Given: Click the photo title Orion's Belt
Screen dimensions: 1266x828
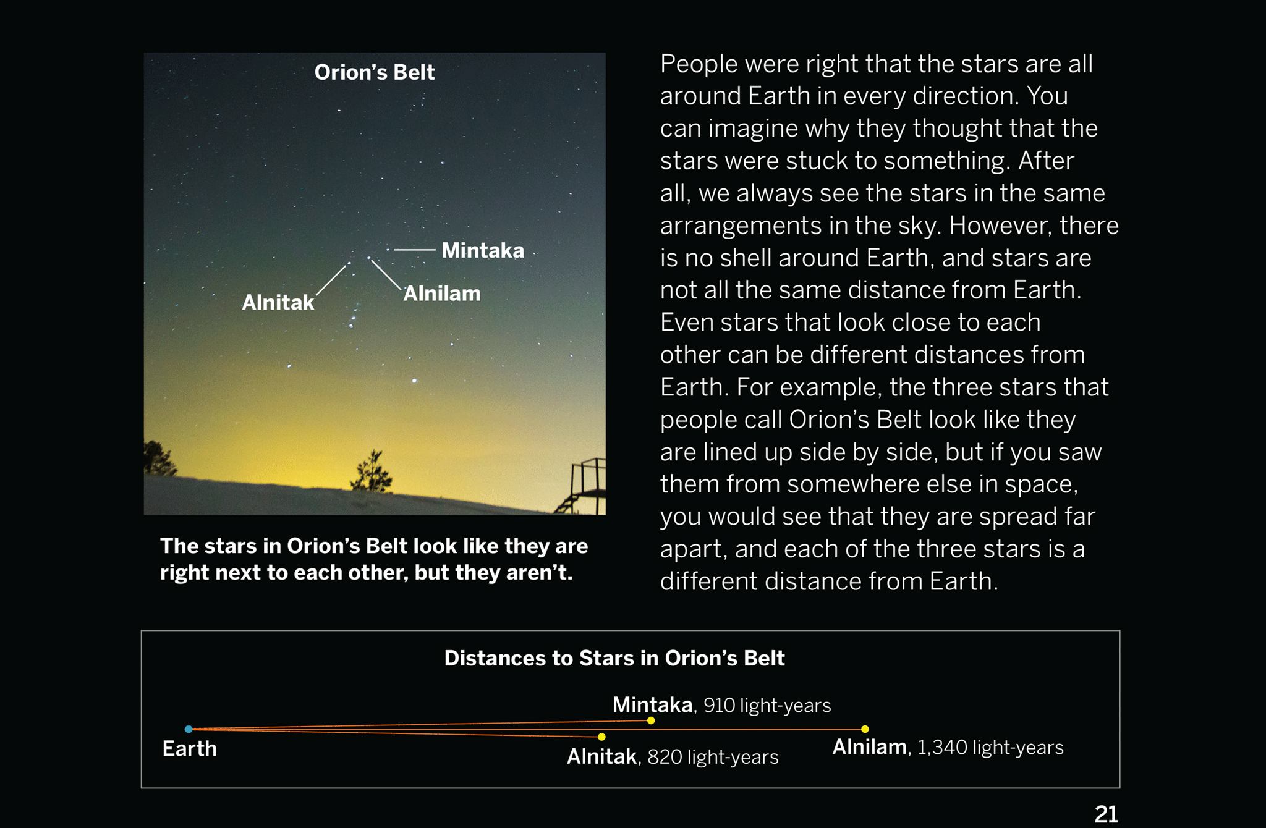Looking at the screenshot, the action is pyautogui.click(x=375, y=72).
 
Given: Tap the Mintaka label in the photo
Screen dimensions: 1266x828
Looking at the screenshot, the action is pyautogui.click(x=483, y=250).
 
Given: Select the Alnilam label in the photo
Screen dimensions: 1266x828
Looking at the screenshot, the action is pyautogui.click(x=442, y=293).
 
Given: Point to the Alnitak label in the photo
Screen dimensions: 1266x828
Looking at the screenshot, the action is pyautogui.click(x=278, y=302).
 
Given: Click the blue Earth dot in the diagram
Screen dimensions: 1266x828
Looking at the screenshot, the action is pyautogui.click(x=189, y=729).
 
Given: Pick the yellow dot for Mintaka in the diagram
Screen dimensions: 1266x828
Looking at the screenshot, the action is pyautogui.click(x=651, y=720).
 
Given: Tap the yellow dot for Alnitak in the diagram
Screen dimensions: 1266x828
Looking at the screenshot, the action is pyautogui.click(x=601, y=737).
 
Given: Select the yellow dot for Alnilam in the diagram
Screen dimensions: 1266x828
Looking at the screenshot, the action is pyautogui.click(x=865, y=729).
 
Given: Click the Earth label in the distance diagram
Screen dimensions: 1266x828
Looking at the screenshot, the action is pyautogui.click(x=190, y=748).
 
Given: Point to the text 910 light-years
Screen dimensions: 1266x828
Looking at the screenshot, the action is pyautogui.click(x=767, y=705).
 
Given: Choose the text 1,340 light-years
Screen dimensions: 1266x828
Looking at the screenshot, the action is pyautogui.click(x=990, y=747).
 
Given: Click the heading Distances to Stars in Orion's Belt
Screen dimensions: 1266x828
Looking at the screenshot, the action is pyautogui.click(x=614, y=658).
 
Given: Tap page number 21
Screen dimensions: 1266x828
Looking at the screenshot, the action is pyautogui.click(x=1106, y=814).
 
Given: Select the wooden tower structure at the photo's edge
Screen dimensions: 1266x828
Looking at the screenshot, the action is pyautogui.click(x=582, y=486).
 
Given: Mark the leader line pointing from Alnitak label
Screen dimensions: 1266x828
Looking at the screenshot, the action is pyautogui.click(x=331, y=280).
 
